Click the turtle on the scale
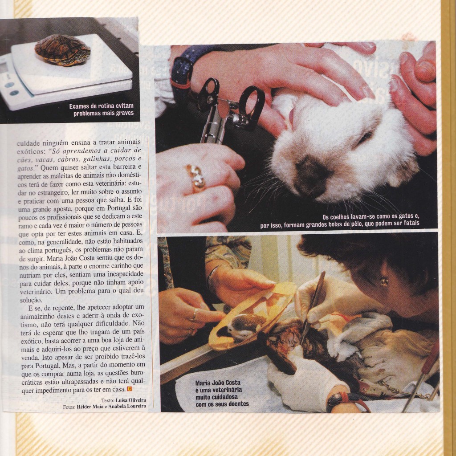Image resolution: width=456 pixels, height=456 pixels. tap(62, 50)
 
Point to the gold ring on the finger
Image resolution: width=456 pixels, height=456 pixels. tap(196, 177)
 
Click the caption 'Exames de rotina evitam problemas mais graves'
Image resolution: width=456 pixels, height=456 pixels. tap(101, 110)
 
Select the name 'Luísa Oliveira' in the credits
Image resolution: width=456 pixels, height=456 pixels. tap(133, 400)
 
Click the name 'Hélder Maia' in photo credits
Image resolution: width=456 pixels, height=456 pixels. tap(90, 407)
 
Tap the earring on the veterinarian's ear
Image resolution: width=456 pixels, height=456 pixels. tap(384, 281)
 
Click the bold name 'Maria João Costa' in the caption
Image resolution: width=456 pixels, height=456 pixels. tap(220, 383)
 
